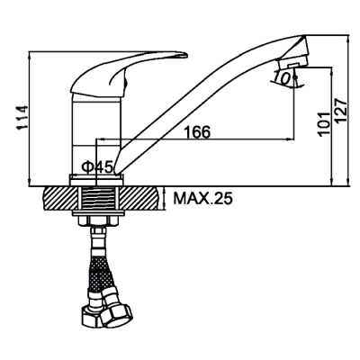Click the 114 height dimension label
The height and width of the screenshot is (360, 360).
coord(23,118)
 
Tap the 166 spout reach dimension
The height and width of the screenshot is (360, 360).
coord(197,131)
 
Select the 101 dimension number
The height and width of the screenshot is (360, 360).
coord(325,124)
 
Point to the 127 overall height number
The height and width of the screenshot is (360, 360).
coord(341,110)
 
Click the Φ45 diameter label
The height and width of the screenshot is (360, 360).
coord(97,166)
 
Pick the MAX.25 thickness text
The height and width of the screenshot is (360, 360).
coord(203,198)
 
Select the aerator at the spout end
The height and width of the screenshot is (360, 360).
coord(292,63)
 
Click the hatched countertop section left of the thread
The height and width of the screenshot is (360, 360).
coord(60,198)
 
